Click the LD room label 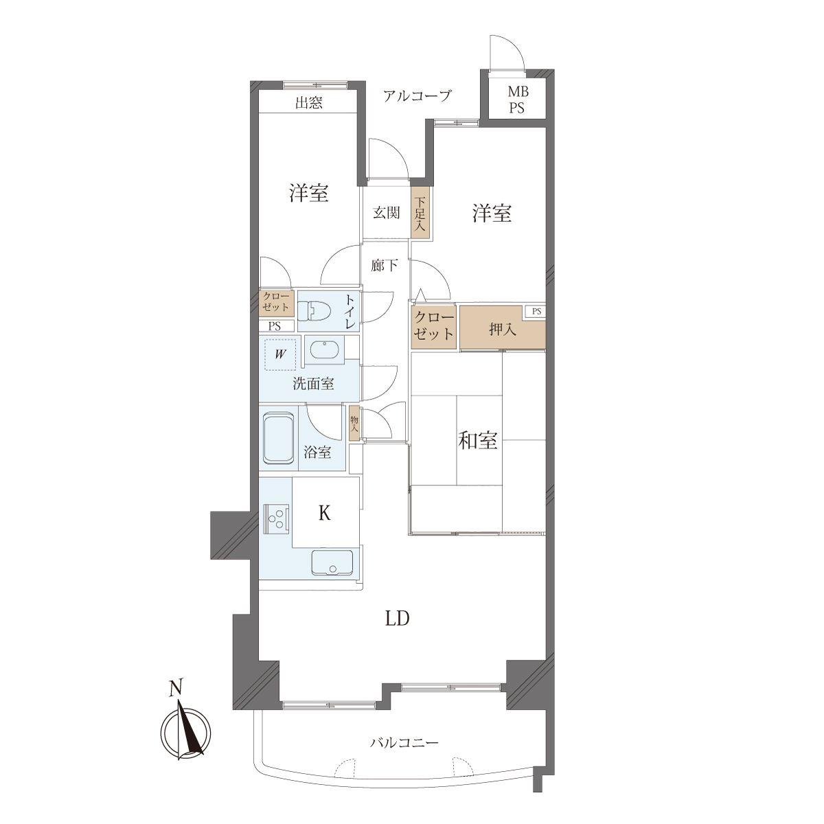click(x=398, y=618)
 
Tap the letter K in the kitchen click(x=325, y=513)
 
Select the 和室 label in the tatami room click(x=478, y=440)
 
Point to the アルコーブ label click(x=417, y=95)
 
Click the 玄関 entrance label click(x=386, y=212)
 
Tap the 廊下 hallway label click(x=385, y=266)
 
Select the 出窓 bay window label click(x=309, y=103)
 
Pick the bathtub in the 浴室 click(x=279, y=438)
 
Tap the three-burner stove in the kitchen click(x=276, y=518)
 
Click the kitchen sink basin click(x=332, y=562)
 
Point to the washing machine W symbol click(x=280, y=354)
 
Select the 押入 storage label click(x=503, y=330)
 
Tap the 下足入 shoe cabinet click(x=420, y=214)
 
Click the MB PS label click(x=518, y=100)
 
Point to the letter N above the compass click(x=176, y=688)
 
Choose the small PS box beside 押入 click(x=536, y=312)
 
